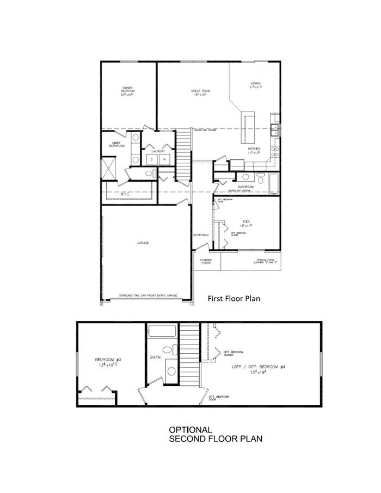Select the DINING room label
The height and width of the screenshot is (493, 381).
[x=256, y=84]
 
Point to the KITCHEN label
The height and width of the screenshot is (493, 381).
[x=254, y=149]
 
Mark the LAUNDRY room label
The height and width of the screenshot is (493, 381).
[x=158, y=151]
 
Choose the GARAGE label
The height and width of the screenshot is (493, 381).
[x=143, y=243]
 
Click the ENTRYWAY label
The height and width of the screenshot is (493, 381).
[x=201, y=235]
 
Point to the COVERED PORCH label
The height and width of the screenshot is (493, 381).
[x=206, y=262]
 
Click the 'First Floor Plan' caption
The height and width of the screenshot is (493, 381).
[x=233, y=298]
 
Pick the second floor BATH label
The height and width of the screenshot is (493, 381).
[x=155, y=358]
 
